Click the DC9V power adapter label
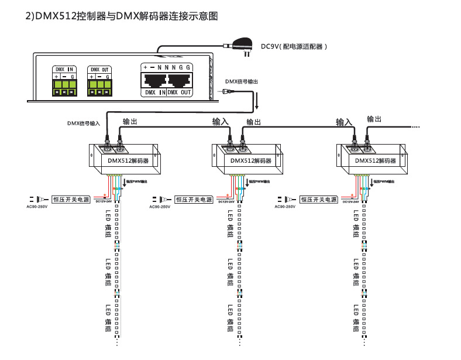pyautogui.click(x=293, y=46)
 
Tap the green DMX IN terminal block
pyautogui.click(x=64, y=87)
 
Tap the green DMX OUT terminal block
pyautogui.click(x=98, y=87)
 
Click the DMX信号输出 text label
pyautogui.click(x=241, y=81)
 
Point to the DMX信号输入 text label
pyautogui.click(x=84, y=124)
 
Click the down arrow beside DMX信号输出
pyautogui.click(x=256, y=102)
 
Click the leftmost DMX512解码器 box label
pyautogui.click(x=128, y=160)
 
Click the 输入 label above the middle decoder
pyautogui.click(x=221, y=122)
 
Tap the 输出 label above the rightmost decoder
pyautogui.click(x=374, y=119)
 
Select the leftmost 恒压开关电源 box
pyautogui.click(x=71, y=200)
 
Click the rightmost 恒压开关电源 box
pyautogui.click(x=318, y=200)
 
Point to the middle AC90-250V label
pyautogui.click(x=160, y=207)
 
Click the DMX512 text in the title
pyautogui.click(x=57, y=16)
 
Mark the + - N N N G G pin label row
pyautogui.click(x=167, y=67)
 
